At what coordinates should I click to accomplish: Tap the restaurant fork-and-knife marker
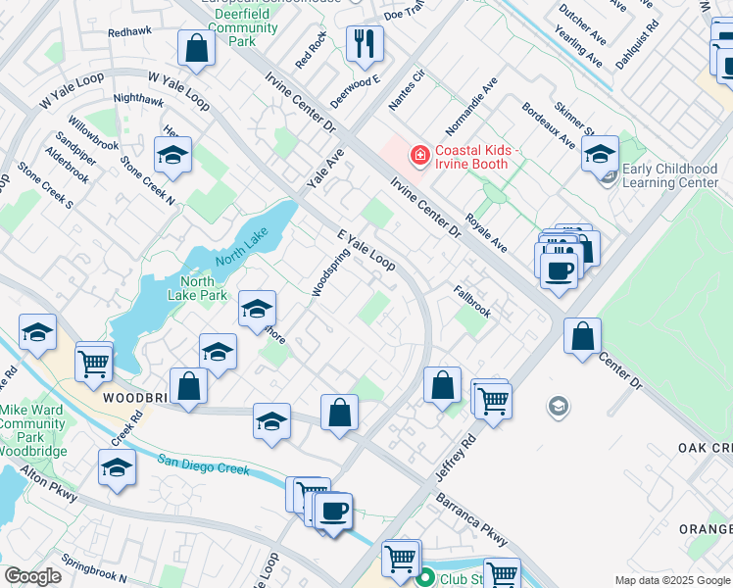tap(364, 44)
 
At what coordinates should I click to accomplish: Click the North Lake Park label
tap(198, 288)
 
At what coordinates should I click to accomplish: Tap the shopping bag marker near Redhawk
tap(195, 48)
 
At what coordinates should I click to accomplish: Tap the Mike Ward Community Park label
tap(32, 424)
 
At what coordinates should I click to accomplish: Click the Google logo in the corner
tap(33, 576)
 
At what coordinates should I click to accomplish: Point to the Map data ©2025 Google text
tap(671, 580)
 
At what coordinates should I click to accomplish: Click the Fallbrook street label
tap(471, 301)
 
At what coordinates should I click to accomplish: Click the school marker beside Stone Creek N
tap(172, 155)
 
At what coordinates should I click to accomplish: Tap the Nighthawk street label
tap(138, 99)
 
